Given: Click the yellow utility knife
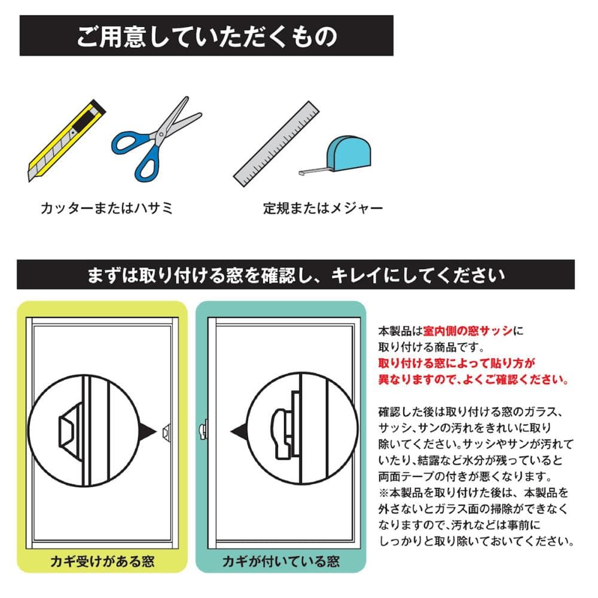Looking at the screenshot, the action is point(67,141).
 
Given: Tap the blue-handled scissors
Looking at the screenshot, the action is point(156,139).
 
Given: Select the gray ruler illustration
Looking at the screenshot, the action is point(276,144).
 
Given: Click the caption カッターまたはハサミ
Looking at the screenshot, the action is point(107,208).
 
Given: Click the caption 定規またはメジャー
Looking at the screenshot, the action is point(323,208).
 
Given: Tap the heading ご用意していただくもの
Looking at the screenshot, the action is point(207,36).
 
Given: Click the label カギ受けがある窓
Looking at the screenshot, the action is point(102,562).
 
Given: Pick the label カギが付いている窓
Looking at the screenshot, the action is point(280,562).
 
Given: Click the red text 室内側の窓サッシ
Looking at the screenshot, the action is point(468,331).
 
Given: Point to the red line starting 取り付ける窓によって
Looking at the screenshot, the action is point(456,363).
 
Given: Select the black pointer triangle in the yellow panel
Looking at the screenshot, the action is point(147,431).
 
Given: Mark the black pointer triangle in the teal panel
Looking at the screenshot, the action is point(240,431).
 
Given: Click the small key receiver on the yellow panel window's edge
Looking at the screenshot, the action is point(166,432).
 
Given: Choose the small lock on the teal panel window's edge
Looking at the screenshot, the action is point(203,430).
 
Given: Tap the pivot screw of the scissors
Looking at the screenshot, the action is point(161,134).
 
